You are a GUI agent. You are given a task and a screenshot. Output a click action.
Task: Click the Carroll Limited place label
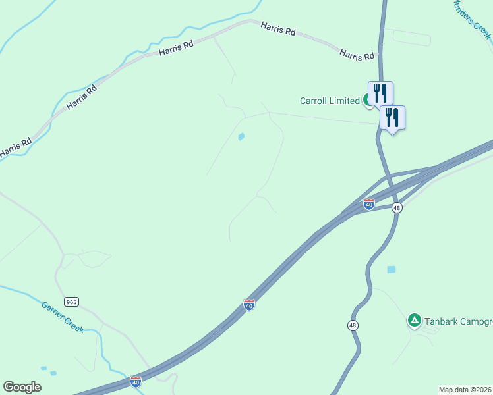click(329, 101)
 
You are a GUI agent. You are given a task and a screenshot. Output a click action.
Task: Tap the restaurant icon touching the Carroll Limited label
click(380, 93)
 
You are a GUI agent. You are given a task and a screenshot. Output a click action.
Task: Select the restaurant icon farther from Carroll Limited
click(392, 118)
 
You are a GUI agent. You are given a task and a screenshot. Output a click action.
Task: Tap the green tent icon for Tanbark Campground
click(414, 321)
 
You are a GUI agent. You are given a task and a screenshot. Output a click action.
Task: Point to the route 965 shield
click(72, 302)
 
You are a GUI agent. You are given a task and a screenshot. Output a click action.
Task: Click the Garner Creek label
click(63, 317)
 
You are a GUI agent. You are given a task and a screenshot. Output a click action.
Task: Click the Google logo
click(22, 387)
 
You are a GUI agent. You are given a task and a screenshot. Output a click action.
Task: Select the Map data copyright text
click(465, 390)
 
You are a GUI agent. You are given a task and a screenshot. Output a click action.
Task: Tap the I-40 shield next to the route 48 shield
click(369, 204)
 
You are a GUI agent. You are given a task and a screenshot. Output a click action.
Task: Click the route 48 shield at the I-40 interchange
click(396, 207)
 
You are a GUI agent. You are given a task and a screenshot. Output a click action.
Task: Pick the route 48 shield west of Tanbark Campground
click(353, 325)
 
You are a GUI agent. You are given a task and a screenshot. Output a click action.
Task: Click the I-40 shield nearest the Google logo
click(135, 381)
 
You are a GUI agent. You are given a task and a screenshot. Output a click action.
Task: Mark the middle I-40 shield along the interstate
click(248, 305)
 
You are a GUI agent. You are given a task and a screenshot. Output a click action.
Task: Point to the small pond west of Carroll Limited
click(241, 137)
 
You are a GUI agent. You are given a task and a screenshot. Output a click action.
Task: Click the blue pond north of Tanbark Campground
click(391, 269)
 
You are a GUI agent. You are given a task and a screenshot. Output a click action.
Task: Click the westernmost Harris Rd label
click(15, 147)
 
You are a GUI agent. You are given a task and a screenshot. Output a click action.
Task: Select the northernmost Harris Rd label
click(278, 29)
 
